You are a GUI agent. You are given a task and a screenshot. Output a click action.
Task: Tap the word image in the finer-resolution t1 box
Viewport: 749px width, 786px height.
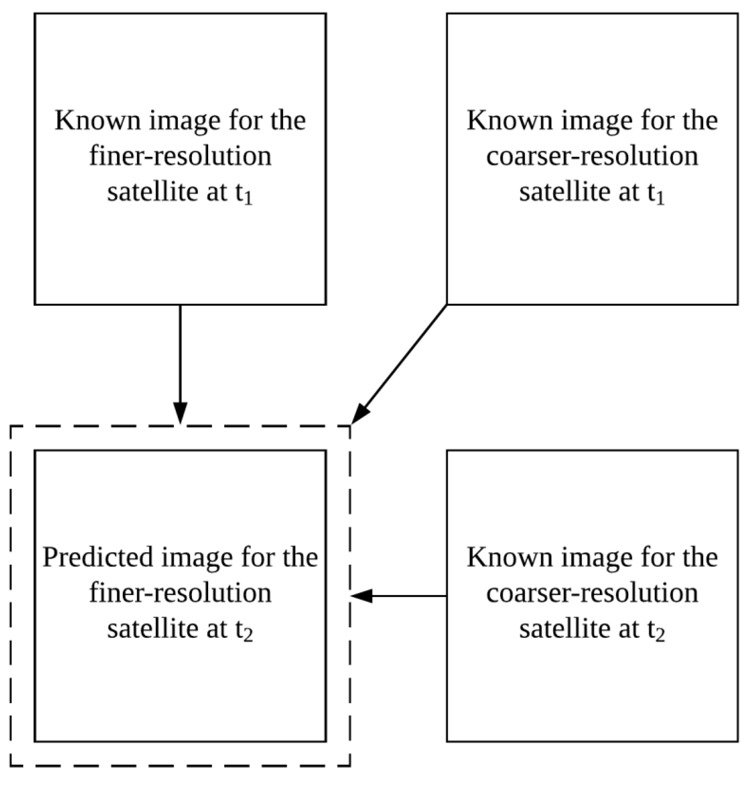[x=185, y=121]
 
